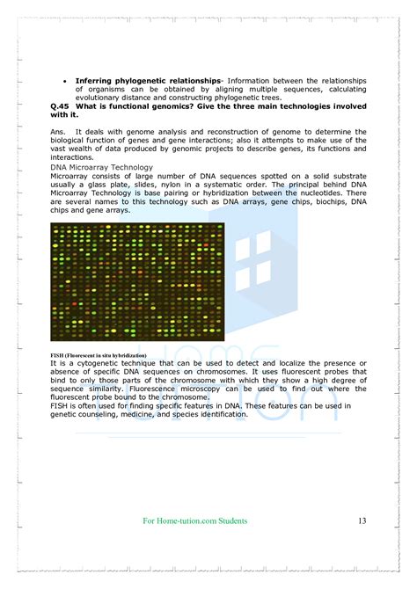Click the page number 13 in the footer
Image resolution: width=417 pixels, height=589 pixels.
pyautogui.click(x=362, y=521)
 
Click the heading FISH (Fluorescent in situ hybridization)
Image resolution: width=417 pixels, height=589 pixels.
pyautogui.click(x=99, y=354)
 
